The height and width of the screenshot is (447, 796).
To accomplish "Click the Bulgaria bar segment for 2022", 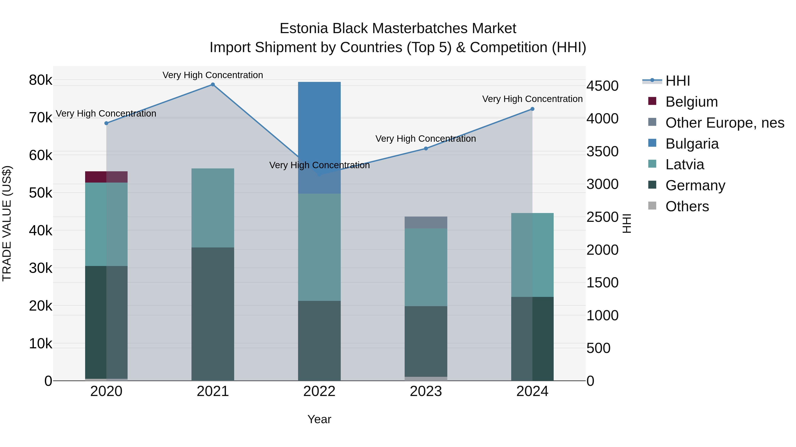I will coord(319,123).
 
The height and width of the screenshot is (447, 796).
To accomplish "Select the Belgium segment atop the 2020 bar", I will coord(106,177).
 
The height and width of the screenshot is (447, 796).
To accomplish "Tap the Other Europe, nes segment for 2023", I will coord(426,223).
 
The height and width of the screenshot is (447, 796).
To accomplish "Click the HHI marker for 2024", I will coord(532,109).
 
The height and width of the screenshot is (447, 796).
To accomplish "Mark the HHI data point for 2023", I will coord(426,148).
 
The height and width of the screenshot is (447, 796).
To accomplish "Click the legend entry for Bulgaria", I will coord(692,144).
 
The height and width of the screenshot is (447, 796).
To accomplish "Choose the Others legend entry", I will coord(687,206).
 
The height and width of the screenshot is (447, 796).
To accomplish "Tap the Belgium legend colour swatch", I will coord(652,101).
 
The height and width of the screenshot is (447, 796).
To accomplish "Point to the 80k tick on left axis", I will coord(40,80).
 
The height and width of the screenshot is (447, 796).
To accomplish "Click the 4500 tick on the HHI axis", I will coord(603,86).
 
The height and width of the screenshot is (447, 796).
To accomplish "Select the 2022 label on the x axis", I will coord(319,391).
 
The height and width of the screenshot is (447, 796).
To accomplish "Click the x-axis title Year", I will coord(319,419).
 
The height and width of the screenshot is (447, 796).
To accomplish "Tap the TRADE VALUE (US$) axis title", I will coord(7,223).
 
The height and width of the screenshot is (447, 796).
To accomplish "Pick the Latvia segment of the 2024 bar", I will coord(532,255).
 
